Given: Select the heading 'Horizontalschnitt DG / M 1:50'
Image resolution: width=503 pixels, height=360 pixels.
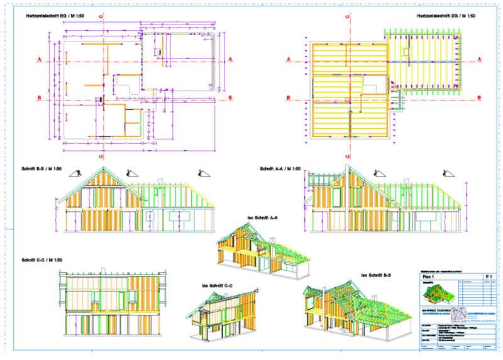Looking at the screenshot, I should click(x=451, y=16).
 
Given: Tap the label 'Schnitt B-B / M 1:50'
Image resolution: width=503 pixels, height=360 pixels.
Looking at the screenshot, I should click(x=41, y=169).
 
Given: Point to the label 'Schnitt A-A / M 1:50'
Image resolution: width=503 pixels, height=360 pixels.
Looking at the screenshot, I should click(x=280, y=169).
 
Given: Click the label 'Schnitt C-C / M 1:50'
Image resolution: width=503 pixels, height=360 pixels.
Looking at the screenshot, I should click(x=41, y=259).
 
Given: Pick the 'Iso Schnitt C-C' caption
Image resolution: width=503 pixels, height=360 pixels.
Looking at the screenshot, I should click(x=218, y=286).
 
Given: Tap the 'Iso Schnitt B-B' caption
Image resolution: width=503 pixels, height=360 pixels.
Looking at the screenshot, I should click(x=377, y=275).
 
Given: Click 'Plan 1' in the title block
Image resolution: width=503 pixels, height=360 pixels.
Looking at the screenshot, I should click(x=429, y=276).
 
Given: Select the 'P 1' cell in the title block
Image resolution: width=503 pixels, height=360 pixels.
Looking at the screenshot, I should click(x=488, y=276).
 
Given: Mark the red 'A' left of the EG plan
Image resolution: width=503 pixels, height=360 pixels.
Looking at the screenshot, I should click(x=39, y=60).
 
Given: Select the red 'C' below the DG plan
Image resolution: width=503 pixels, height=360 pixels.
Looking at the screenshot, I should click(x=346, y=155).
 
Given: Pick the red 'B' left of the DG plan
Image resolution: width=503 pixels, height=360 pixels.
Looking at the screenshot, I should click(x=288, y=97).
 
